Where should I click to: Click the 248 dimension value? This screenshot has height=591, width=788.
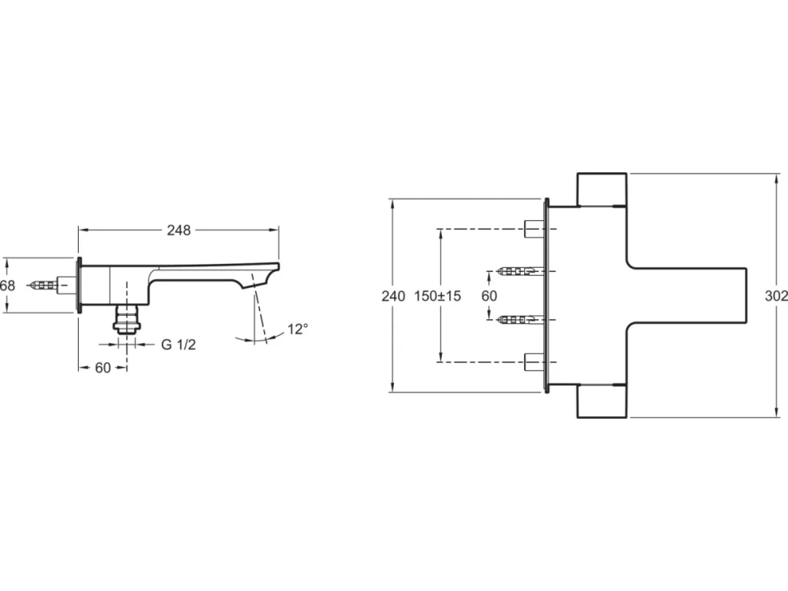tap(179, 230)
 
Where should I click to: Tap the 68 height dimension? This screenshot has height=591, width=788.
tap(7, 286)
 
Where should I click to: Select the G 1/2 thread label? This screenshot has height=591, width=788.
tap(179, 344)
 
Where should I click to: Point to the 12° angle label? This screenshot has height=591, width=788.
tap(298, 329)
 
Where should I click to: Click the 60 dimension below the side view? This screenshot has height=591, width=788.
tap(102, 368)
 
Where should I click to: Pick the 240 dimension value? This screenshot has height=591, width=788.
tap(393, 296)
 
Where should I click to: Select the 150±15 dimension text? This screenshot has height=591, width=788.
tap(437, 295)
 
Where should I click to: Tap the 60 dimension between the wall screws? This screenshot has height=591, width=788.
tap(489, 295)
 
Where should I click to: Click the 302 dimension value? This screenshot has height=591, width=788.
tap(777, 296)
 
